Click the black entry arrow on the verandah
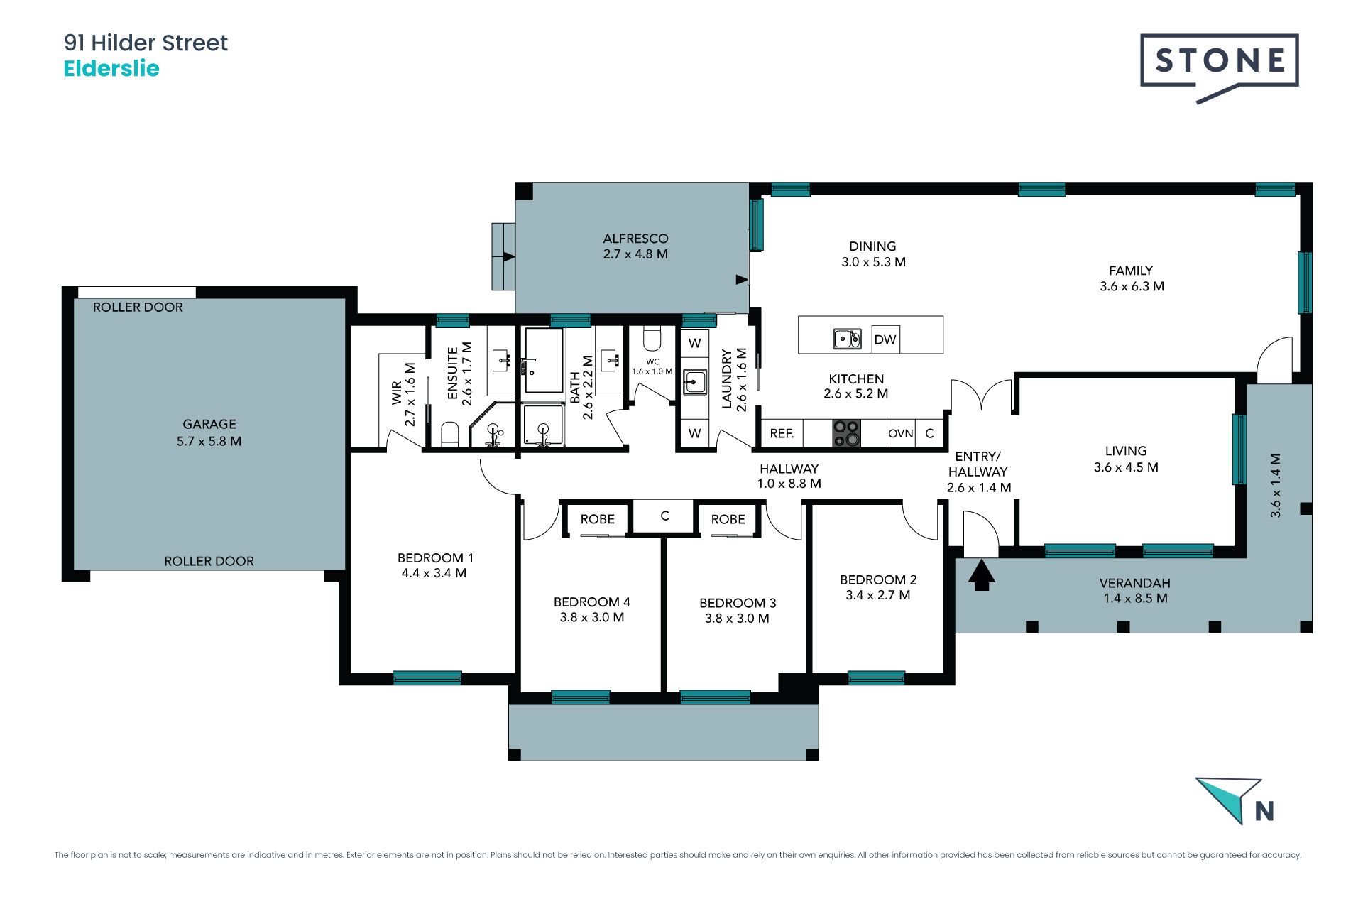[981, 575]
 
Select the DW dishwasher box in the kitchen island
[885, 339]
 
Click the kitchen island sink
[847, 339]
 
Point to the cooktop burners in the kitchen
[846, 432]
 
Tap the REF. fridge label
[782, 433]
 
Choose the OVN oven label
[901, 433]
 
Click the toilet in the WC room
[652, 338]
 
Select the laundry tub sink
[695, 381]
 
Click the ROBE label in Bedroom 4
[598, 519]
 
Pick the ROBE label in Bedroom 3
[728, 519]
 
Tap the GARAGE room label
[209, 424]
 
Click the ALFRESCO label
[636, 239]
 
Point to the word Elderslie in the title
[111, 69]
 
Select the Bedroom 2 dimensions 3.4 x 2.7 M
[878, 595]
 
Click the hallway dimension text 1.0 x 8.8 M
[789, 484]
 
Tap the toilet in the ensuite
[450, 433]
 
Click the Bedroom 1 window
[427, 677]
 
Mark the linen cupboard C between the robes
[664, 516]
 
